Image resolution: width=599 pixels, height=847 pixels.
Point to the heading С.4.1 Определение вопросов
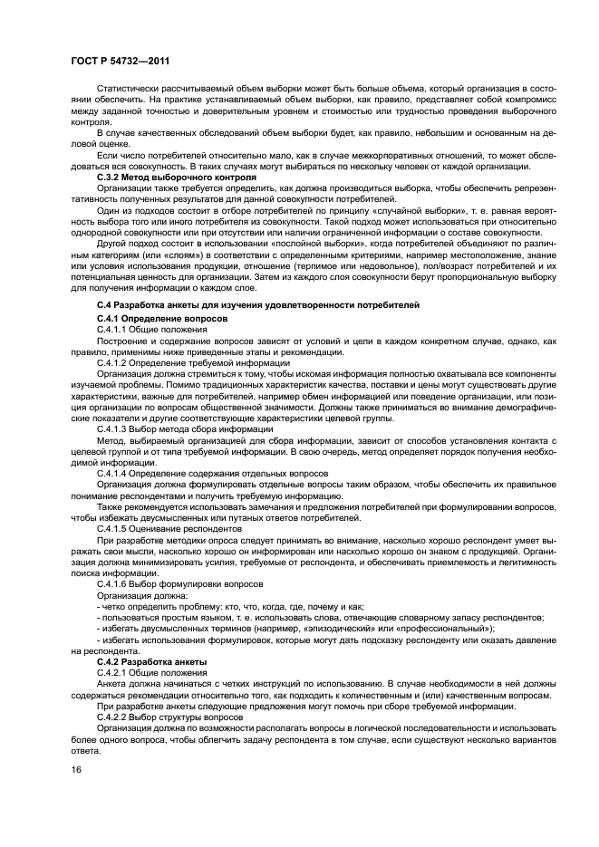pos(162,320)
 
